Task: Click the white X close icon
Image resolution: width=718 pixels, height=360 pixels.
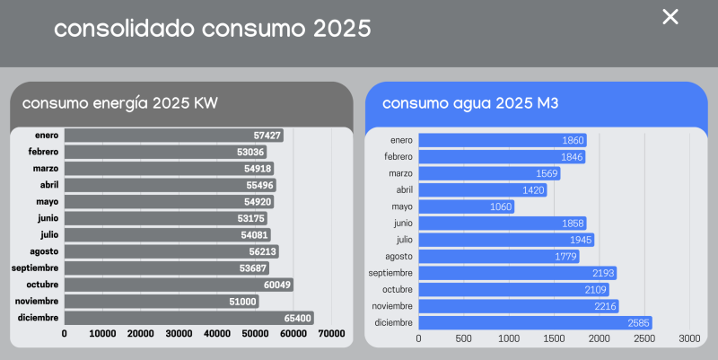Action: coord(670,16)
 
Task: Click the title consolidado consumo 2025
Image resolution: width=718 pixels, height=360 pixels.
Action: coord(212,29)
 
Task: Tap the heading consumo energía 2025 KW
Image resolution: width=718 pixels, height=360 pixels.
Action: coord(120,102)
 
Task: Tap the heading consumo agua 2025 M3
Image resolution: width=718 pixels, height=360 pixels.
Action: coord(470,102)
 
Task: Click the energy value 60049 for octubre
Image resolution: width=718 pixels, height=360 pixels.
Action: coord(274,285)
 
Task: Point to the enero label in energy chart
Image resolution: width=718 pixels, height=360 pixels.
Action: coord(47,136)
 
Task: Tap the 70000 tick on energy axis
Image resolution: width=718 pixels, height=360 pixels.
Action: coord(332,334)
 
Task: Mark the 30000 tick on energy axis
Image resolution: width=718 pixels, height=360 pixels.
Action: coord(179,334)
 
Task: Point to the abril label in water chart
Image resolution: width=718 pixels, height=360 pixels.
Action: coord(404,190)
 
